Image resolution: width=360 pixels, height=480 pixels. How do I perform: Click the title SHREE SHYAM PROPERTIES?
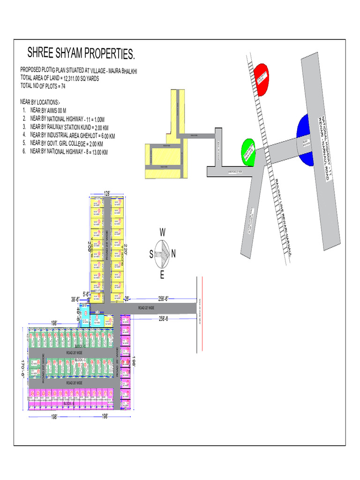(x=81, y=53)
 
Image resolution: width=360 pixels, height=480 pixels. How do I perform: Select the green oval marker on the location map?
(x=247, y=152)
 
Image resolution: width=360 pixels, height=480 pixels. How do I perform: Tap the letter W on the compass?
(x=163, y=232)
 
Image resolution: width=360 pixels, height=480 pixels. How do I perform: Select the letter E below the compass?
(x=162, y=275)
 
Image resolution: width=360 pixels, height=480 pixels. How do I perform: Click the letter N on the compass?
(x=173, y=254)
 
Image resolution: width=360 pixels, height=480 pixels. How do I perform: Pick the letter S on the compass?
(x=151, y=254)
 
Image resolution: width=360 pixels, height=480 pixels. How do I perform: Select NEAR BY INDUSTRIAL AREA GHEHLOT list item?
(x=72, y=135)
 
